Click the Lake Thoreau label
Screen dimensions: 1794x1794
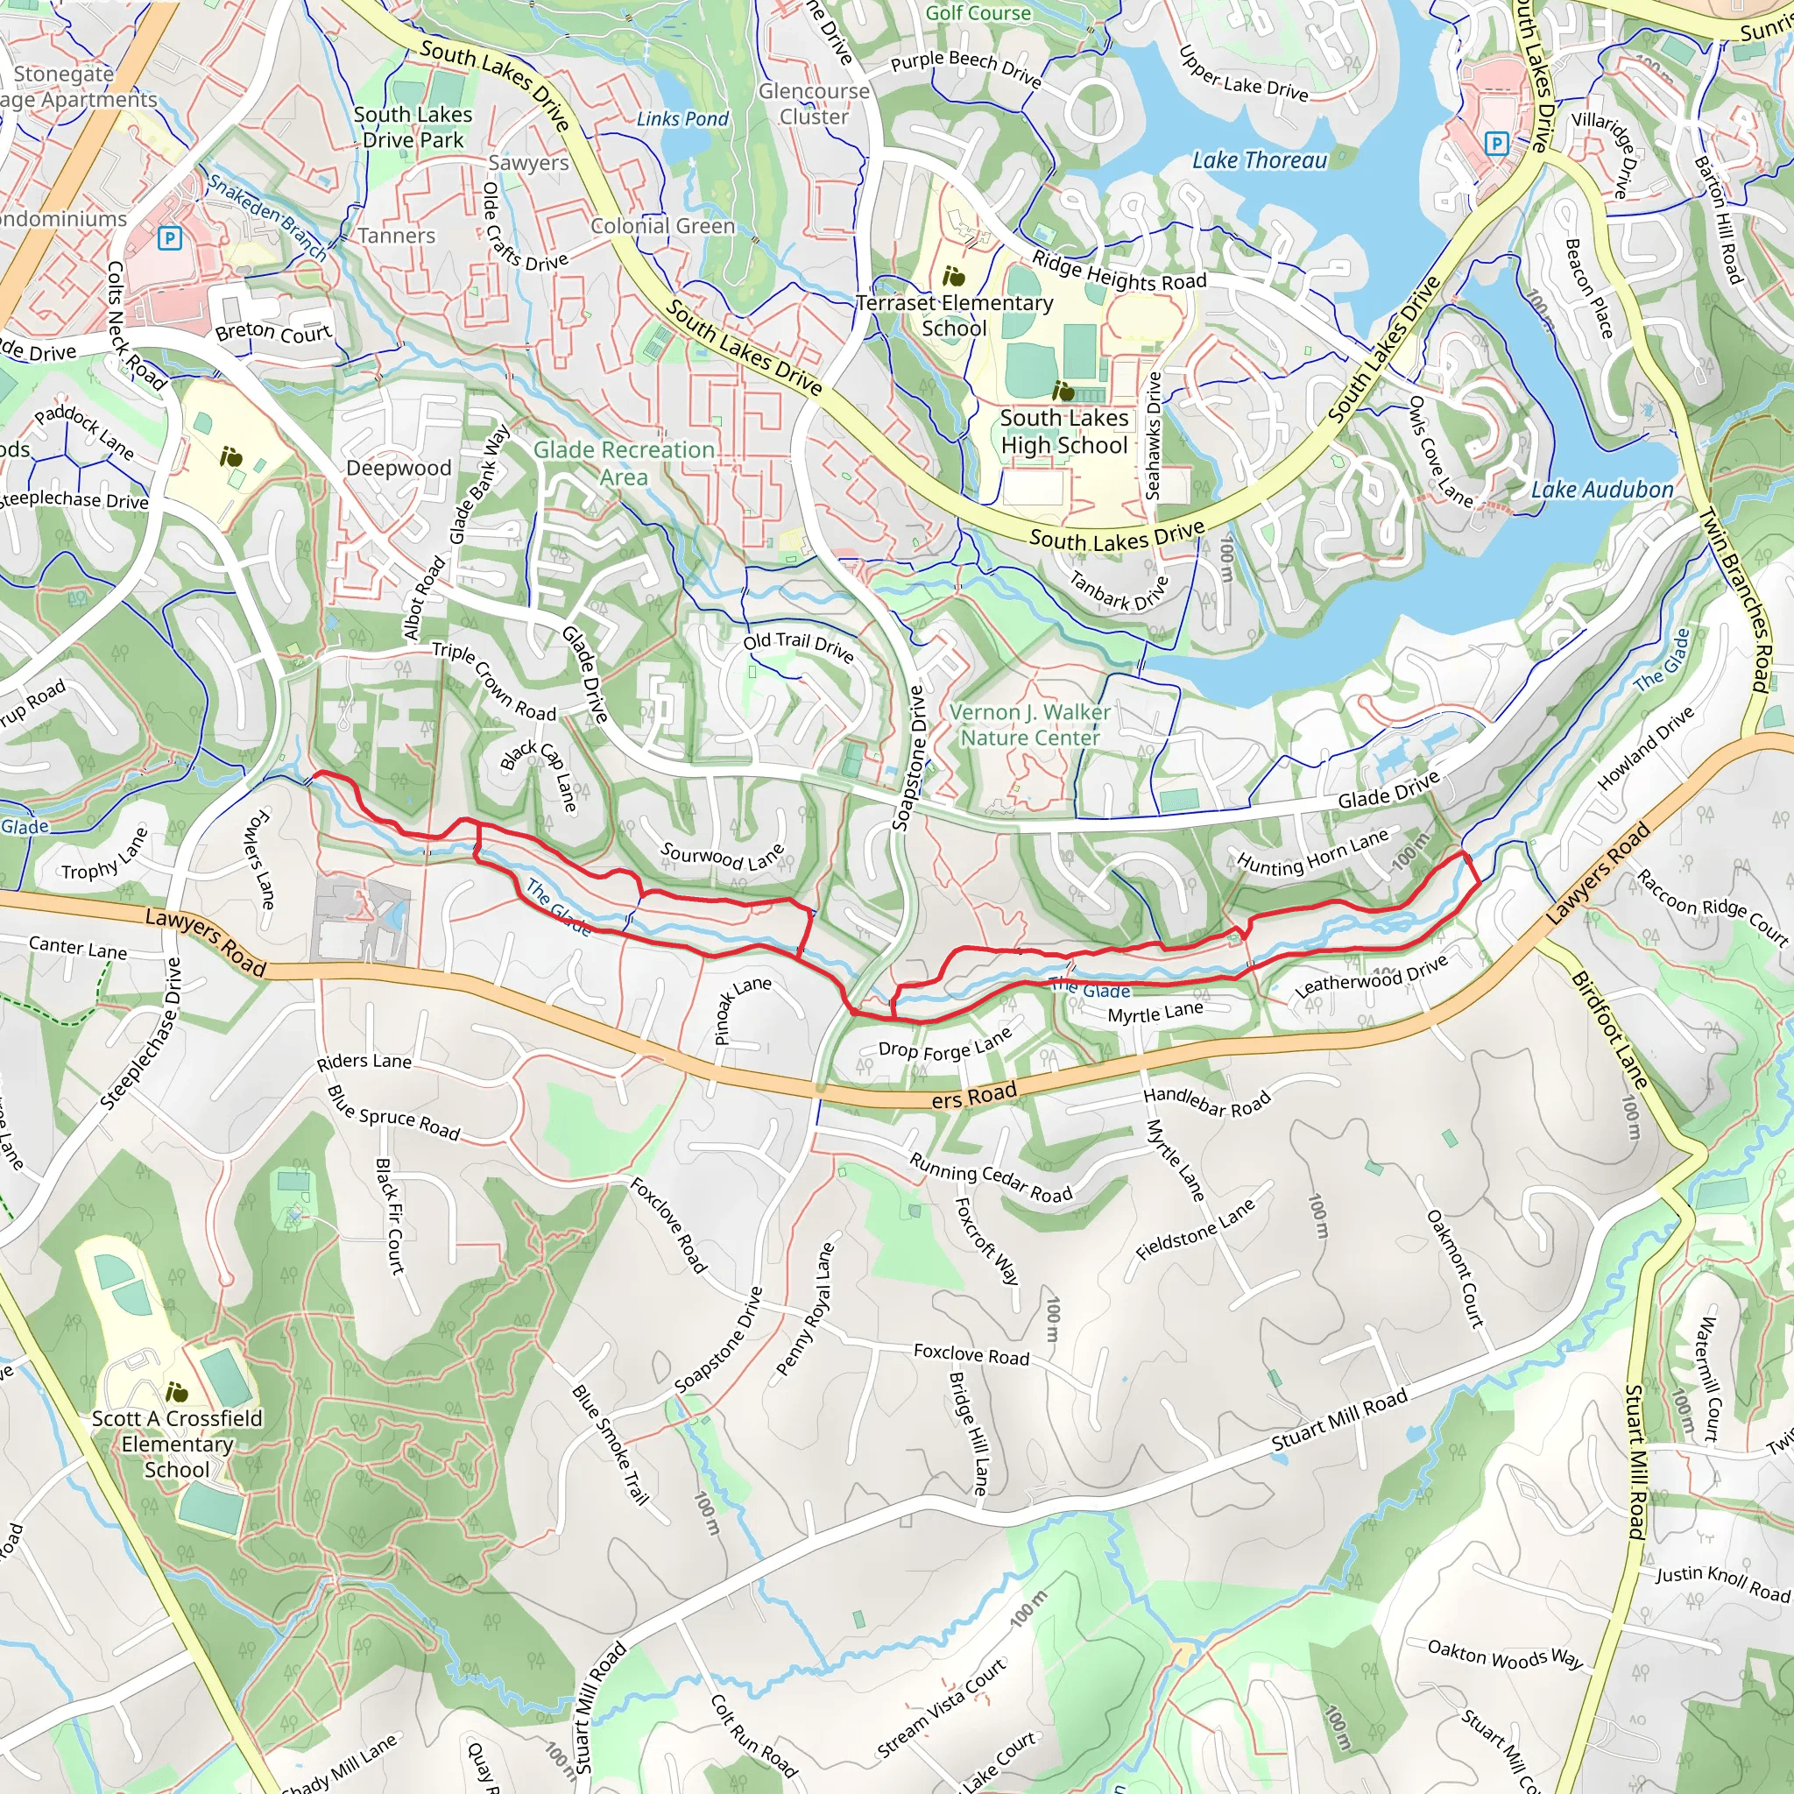[x=1259, y=160]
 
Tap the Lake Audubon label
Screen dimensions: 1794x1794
[x=1602, y=490]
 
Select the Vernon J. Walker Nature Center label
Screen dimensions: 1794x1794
[x=1030, y=724]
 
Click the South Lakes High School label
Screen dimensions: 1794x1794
[x=1064, y=432]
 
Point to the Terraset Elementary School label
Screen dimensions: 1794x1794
[x=955, y=314]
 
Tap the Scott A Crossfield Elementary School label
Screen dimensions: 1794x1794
[x=176, y=1444]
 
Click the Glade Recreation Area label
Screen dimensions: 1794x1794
[x=624, y=463]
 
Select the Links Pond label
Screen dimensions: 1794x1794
[x=682, y=119]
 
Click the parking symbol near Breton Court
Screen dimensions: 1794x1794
[x=169, y=238]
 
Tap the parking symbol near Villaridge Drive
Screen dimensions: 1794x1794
[x=1496, y=143]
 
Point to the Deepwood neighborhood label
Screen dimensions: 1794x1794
[x=399, y=468]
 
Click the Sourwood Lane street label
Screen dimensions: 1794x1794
[x=722, y=856]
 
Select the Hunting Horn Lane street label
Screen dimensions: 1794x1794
[x=1312, y=852]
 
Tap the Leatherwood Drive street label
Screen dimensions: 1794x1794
[x=1371, y=977]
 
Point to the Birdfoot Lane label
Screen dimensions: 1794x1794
[x=1609, y=1030]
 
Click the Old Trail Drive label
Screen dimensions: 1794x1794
[x=798, y=646]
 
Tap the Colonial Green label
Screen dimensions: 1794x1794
[x=663, y=226]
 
